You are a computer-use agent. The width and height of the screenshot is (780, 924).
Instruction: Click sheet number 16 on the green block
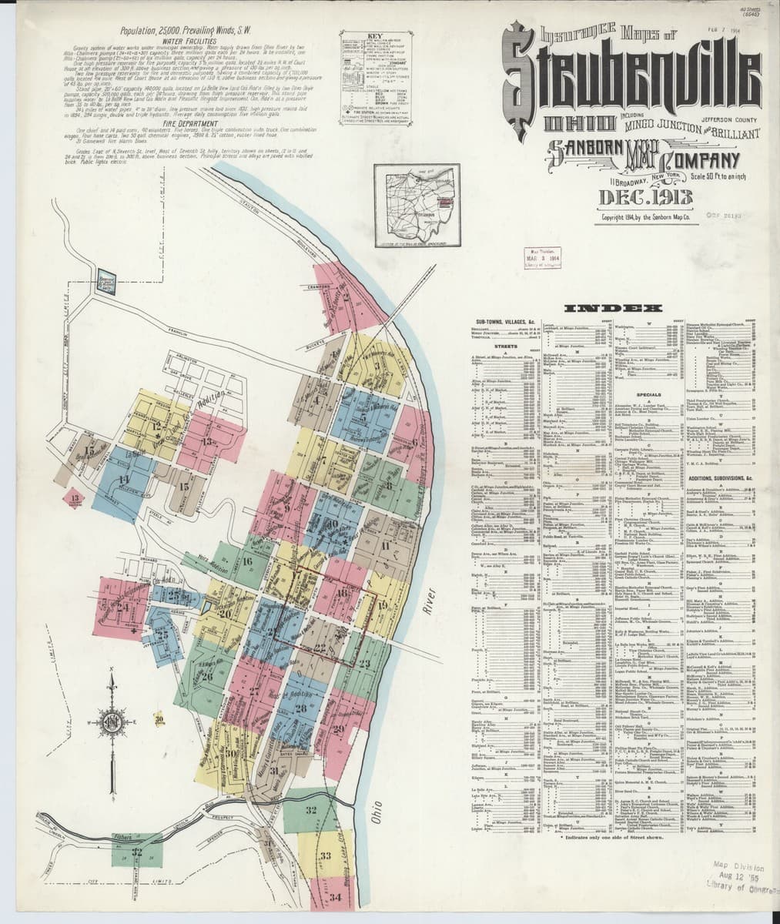pos(247,561)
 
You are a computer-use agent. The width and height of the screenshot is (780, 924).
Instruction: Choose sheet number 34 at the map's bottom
pos(333,897)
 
